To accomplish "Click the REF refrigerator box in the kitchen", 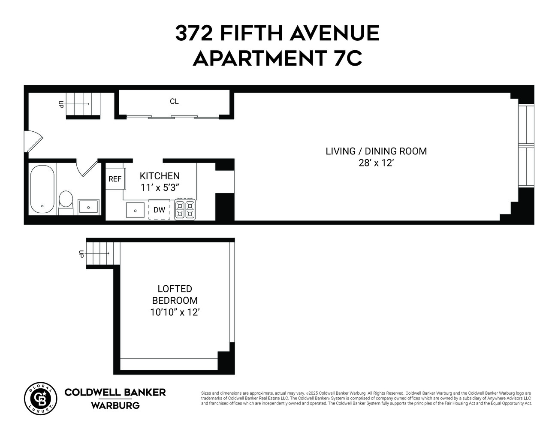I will tap(115, 179).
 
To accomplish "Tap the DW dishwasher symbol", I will tap(159, 210).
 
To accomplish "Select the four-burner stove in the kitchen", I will tap(185, 210).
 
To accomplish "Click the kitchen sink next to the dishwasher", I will tap(136, 210).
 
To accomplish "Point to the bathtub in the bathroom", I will tap(42, 189).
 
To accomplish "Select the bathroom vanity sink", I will tap(88, 207).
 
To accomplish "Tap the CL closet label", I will tap(174, 101).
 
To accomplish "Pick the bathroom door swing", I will tap(87, 167).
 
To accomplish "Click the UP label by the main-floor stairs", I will tap(61, 104).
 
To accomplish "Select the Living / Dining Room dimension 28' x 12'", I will tap(376, 163).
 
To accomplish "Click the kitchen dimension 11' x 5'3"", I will tap(159, 187).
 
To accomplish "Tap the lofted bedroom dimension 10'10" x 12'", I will tap(175, 312).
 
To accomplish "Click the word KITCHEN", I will tap(160, 176).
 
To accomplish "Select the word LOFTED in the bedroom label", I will tap(175, 289).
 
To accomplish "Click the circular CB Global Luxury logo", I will tap(40, 398).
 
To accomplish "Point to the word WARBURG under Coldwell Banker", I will tap(115, 405).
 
